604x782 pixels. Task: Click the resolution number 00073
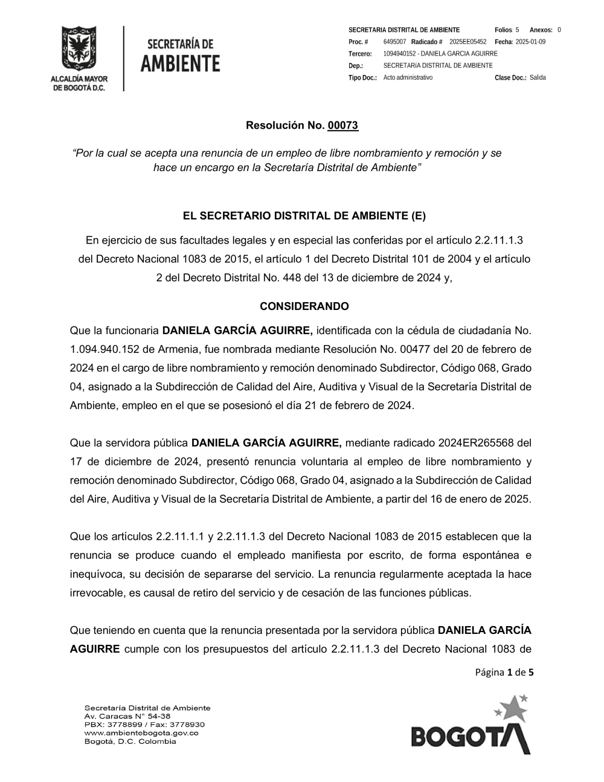342,126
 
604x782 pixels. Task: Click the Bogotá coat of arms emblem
79,48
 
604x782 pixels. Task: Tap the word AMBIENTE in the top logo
180,63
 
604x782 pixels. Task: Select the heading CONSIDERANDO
304,306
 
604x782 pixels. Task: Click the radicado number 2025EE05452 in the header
467,42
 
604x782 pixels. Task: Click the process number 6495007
394,42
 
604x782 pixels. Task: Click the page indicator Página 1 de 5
504,672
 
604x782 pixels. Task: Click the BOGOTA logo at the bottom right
471,728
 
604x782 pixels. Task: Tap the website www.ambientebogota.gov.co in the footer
141,733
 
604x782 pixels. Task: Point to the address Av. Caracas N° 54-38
127,716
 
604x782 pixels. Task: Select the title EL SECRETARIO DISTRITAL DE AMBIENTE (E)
304,216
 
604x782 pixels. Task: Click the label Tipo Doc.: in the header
362,78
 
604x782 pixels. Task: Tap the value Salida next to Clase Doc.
538,78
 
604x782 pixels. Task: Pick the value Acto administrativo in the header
408,78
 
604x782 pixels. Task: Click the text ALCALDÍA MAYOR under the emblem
79,79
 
